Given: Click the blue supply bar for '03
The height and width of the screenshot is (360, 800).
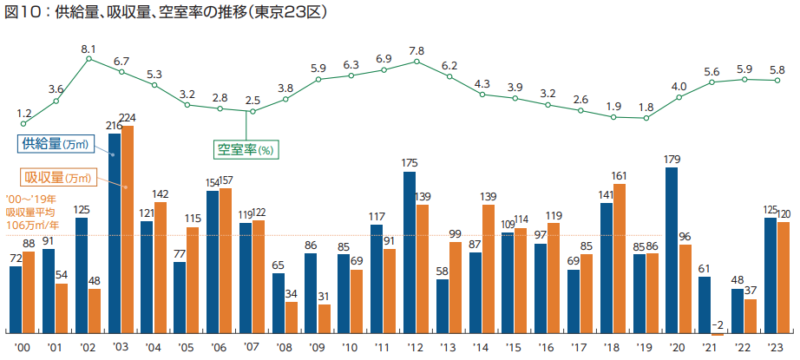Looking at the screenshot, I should point(115,233).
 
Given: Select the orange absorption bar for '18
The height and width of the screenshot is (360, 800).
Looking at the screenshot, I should point(619,259).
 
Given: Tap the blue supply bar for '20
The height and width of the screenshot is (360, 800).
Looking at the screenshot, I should point(671,251).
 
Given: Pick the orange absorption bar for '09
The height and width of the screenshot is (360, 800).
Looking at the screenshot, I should point(324,318).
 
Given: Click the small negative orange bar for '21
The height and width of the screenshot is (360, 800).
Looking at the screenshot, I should point(717,334).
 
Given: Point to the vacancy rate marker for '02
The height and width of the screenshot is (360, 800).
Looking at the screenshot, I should point(89,60).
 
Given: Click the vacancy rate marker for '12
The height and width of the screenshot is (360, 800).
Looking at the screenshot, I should point(417,62).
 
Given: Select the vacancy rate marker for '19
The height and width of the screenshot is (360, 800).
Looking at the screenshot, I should point(646,117).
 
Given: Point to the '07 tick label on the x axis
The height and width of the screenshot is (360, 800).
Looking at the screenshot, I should point(252,348).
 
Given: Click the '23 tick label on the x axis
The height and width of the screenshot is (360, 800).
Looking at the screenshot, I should point(776,348).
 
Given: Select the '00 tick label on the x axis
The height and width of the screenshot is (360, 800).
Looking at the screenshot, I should point(23,348).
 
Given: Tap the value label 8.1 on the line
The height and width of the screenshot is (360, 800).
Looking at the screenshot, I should point(89,49).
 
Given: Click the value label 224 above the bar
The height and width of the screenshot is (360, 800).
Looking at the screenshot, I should point(128,118).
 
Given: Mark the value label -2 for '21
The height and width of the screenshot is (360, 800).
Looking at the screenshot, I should point(717,324).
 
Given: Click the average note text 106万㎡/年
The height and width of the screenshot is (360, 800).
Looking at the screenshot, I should point(29,223).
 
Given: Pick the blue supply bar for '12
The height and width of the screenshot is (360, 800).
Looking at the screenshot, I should point(410,252).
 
